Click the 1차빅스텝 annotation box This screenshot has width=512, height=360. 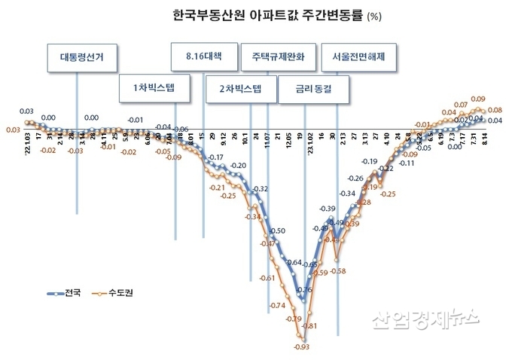[148, 87]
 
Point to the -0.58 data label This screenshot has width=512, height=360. [338, 271]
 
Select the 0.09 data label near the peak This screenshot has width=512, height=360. [477, 99]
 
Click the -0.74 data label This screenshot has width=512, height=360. [276, 305]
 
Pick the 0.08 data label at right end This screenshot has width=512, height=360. [495, 111]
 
